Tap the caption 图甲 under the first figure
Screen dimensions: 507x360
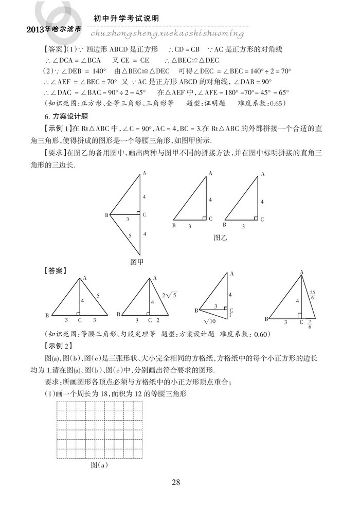coord(137,261)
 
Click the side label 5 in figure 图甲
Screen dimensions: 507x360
coord(129,235)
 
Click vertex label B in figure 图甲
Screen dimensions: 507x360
coord(106,214)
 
